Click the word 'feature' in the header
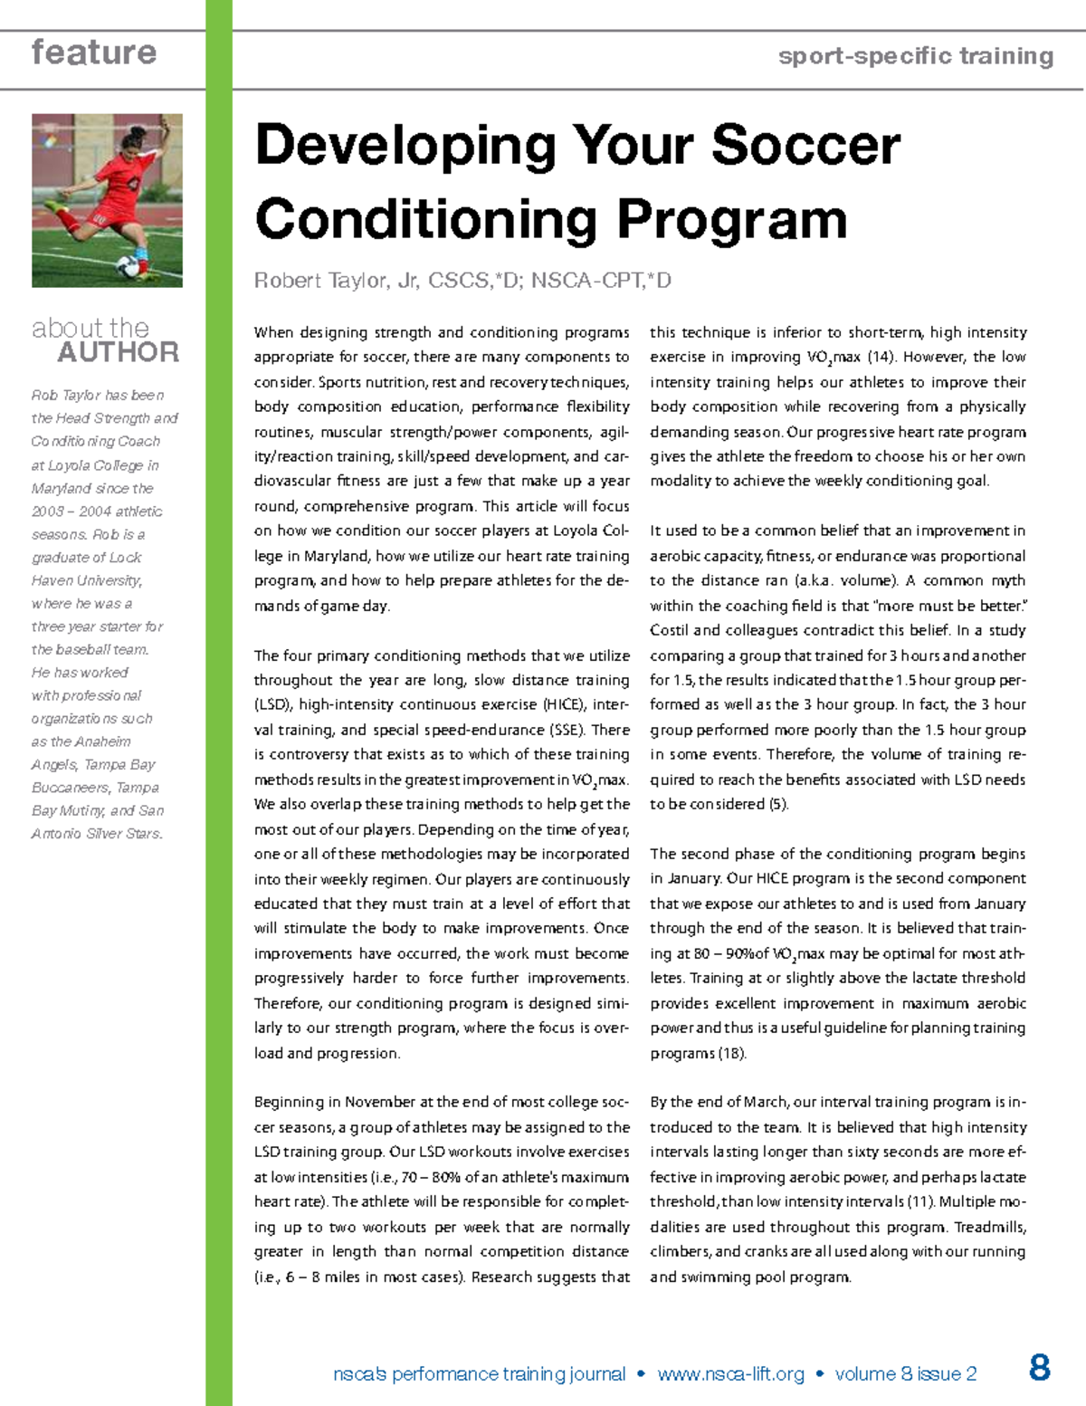click(x=94, y=53)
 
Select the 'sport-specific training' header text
click(x=915, y=56)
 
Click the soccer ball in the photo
click(x=129, y=266)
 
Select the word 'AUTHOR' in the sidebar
click(x=118, y=352)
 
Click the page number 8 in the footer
click(x=1040, y=1367)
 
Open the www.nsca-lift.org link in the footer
click(x=730, y=1374)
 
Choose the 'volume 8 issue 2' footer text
click(x=905, y=1374)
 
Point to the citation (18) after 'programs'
click(x=732, y=1053)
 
